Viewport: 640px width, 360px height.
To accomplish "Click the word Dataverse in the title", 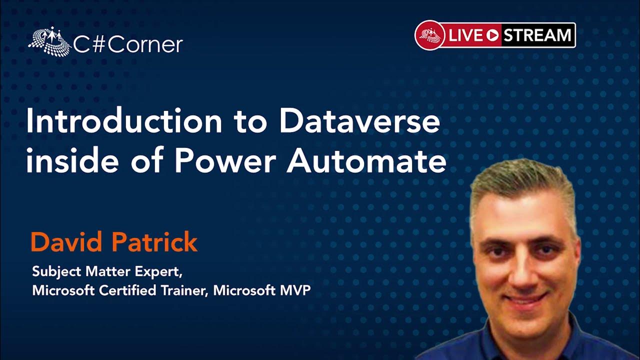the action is [359, 121].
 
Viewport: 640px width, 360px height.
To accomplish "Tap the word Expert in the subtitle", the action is [158, 271].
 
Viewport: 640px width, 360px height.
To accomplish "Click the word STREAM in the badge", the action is [537, 35].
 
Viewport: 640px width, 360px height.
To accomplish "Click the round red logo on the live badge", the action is [430, 35].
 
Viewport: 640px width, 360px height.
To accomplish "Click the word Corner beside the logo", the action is [145, 45].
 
